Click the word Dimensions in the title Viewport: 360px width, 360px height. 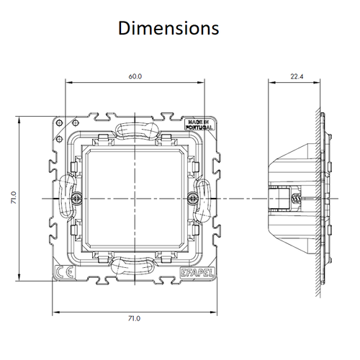[168, 28]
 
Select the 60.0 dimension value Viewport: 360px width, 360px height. [135, 74]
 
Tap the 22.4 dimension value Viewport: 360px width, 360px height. [297, 74]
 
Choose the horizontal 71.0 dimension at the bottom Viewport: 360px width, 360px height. [135, 318]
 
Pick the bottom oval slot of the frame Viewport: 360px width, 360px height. [133, 264]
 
